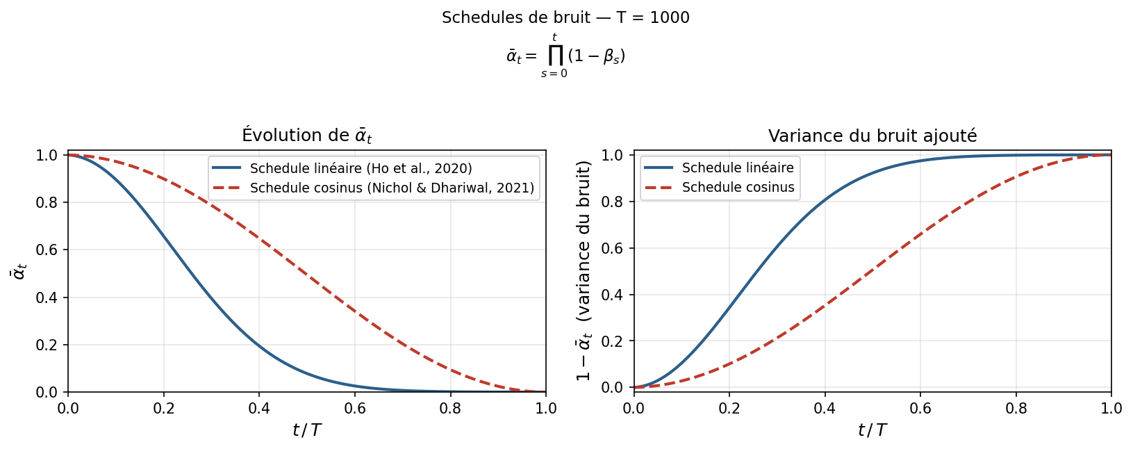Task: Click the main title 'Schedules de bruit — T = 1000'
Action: tap(565, 18)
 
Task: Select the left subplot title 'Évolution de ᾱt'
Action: tap(306, 136)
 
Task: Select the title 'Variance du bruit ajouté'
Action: tap(872, 136)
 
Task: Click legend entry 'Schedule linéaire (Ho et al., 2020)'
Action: tap(361, 168)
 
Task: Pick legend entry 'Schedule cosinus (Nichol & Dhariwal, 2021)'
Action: tap(392, 188)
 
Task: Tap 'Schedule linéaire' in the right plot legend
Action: tap(738, 168)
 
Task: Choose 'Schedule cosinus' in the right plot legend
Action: tap(738, 188)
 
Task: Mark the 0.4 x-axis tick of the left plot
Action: tap(259, 408)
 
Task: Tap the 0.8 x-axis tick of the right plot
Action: tap(1016, 408)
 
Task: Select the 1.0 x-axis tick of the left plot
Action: tap(545, 408)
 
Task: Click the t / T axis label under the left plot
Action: tap(306, 430)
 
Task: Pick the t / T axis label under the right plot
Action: tap(872, 430)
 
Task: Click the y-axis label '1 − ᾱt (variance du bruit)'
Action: tap(584, 270)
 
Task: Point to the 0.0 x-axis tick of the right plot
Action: tap(634, 408)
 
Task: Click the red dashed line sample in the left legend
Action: tap(226, 188)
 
